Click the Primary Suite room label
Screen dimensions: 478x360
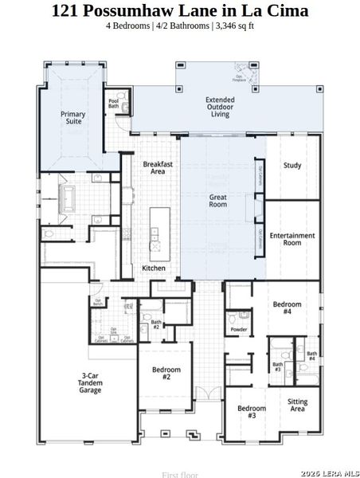pos(73,118)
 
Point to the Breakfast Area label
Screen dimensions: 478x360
pos(153,167)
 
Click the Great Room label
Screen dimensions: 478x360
pos(218,200)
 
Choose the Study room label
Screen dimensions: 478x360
pos(292,166)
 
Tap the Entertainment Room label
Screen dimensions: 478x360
pos(292,239)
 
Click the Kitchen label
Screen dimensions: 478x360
pos(154,268)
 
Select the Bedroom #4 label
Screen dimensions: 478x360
pos(288,308)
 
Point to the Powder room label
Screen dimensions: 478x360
pos(238,329)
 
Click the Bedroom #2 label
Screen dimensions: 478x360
pos(166,373)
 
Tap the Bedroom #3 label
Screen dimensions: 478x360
pos(252,412)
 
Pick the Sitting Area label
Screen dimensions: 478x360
pos(297,406)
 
